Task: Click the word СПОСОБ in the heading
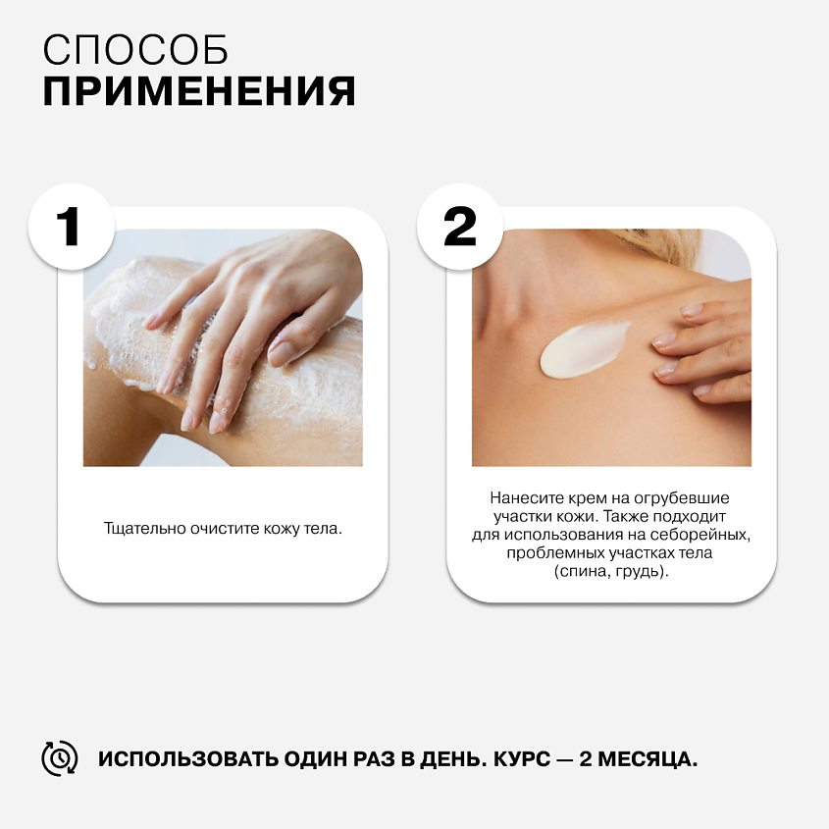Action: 135,50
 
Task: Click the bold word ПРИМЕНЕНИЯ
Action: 199,91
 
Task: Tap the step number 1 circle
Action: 72,227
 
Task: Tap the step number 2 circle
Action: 460,227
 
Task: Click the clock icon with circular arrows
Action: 60,758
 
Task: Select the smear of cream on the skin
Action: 584,348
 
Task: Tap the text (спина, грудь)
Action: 611,572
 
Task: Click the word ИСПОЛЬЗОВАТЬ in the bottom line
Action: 188,758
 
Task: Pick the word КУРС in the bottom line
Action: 522,758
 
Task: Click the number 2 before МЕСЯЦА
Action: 586,758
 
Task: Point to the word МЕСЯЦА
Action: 648,759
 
